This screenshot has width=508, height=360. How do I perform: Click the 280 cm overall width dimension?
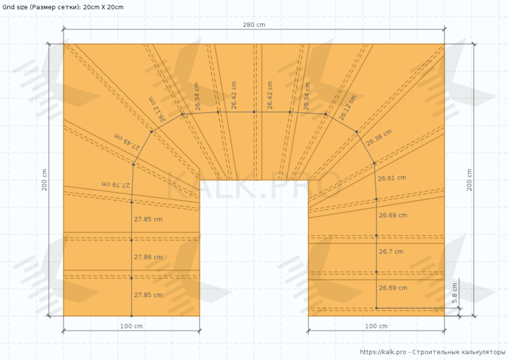point(254,25)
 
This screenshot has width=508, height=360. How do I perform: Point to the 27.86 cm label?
point(148,257)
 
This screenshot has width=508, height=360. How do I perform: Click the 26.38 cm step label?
point(379,137)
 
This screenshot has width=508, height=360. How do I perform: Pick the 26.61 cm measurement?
point(392,178)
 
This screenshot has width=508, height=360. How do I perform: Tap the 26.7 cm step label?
point(391,252)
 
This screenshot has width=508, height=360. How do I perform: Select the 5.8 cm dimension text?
point(455,293)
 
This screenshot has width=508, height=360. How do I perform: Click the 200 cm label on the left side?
point(45,180)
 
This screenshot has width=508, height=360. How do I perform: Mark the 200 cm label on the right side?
point(469,180)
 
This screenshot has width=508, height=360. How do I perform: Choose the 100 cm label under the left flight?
point(131,326)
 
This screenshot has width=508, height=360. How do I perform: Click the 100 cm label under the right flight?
point(376,326)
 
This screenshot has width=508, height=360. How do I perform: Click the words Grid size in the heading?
point(16,7)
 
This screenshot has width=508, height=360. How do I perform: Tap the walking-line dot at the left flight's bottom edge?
point(132,316)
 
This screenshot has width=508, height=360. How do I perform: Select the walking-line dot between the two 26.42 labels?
point(254,112)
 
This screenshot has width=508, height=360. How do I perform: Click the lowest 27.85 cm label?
point(148,295)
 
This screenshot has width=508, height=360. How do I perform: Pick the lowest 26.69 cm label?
point(393,288)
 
